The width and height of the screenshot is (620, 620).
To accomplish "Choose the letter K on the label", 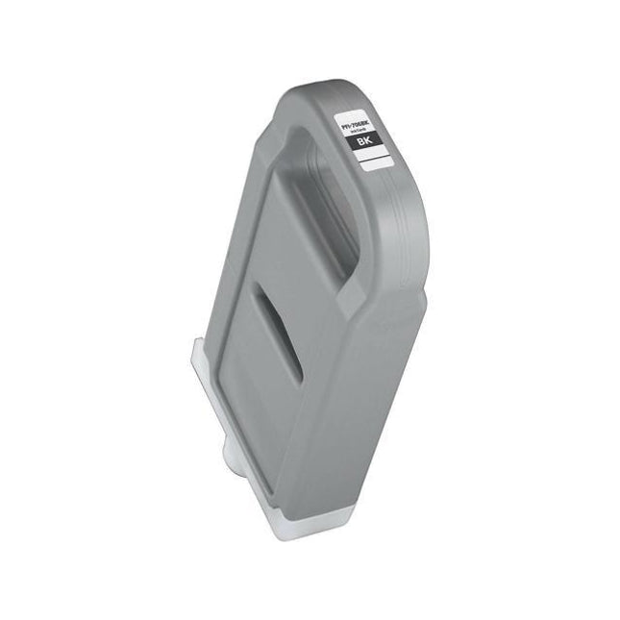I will point(368,140).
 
